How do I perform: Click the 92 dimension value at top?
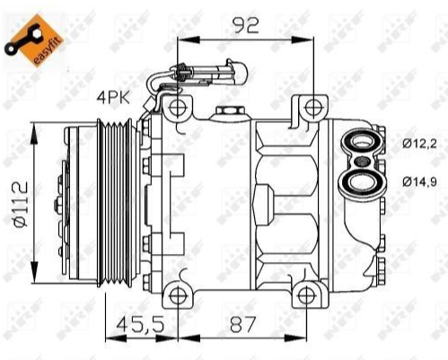coord(246,25)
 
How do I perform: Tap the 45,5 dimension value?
coord(140,324)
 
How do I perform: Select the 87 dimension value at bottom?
coord(243,324)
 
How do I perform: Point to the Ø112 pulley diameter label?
coord(21,204)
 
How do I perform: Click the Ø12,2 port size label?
coord(419,145)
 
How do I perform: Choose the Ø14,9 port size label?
coord(419,181)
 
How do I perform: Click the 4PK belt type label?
coord(113,98)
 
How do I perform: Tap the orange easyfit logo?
coord(33,40)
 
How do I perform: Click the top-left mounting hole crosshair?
coord(178,107)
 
